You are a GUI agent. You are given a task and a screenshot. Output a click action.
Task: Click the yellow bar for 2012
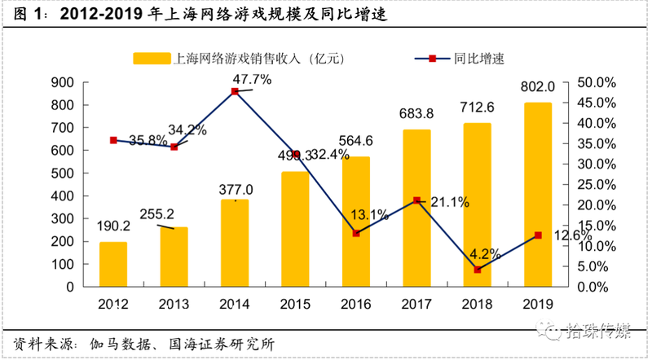[113, 264]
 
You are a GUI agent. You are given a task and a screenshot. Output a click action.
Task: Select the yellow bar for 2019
[539, 195]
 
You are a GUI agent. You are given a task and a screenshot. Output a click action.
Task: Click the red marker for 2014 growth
[235, 91]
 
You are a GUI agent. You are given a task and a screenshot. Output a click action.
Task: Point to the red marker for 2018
[478, 270]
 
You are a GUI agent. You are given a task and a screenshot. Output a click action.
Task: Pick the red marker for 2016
[356, 233]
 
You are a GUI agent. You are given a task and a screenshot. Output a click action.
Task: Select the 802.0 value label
[539, 86]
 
